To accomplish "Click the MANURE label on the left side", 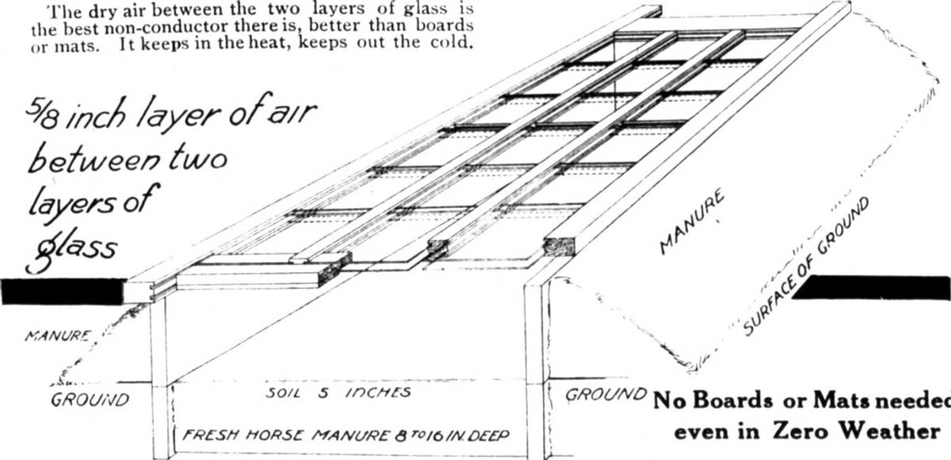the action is (x=57, y=336).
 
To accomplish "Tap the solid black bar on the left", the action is (x=63, y=292).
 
